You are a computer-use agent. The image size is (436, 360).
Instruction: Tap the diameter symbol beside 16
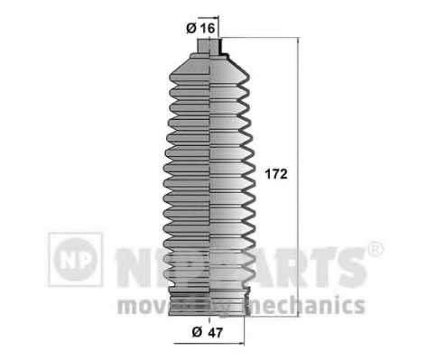[193, 28]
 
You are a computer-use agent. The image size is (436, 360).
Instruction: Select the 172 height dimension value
[277, 175]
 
